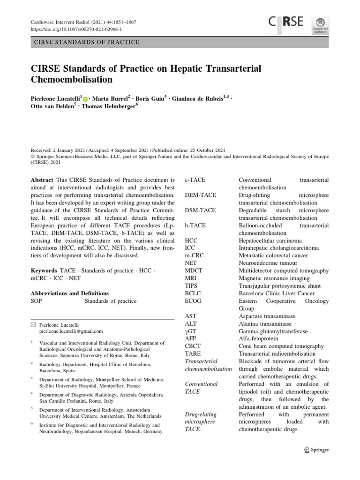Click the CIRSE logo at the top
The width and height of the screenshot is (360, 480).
[286, 22]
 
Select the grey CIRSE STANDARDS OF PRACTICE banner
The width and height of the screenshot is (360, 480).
[180, 42]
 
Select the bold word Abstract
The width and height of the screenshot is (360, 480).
[42, 180]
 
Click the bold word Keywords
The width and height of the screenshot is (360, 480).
[44, 271]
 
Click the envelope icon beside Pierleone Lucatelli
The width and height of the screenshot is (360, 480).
[32, 324]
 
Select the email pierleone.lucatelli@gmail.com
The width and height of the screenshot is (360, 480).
[71, 331]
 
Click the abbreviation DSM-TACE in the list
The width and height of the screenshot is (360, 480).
[200, 210]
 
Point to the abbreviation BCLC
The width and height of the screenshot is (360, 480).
[194, 293]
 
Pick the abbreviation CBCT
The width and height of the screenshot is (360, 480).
[194, 346]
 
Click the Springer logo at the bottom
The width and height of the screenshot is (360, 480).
[316, 450]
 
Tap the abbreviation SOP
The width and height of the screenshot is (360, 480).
[37, 301]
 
